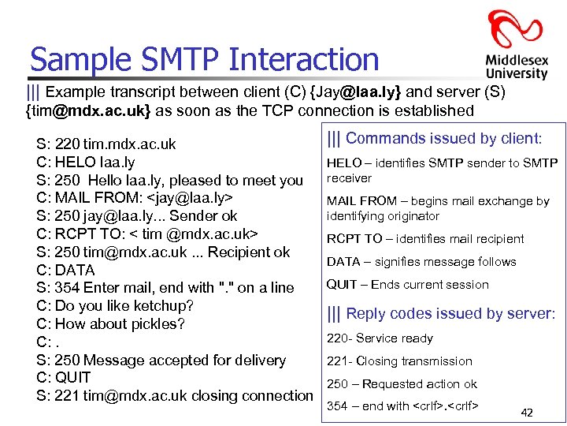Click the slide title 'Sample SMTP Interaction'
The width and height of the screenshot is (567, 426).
tap(204, 59)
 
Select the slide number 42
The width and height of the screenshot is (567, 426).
tap(527, 412)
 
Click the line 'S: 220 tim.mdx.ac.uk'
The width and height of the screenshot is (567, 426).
tap(106, 144)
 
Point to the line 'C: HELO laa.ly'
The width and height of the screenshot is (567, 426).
tap(86, 163)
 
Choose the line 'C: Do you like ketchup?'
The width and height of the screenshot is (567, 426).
tap(115, 306)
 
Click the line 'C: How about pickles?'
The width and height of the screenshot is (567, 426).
tap(110, 324)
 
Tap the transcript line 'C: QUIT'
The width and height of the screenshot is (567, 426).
tap(64, 378)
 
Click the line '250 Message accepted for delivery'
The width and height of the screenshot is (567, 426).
tap(161, 361)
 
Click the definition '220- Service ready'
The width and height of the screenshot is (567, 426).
tap(380, 338)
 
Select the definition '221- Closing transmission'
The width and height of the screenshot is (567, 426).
tap(399, 361)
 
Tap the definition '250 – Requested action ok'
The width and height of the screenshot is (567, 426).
tap(402, 384)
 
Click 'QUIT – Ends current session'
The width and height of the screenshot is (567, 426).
tap(407, 285)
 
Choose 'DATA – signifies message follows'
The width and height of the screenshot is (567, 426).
tap(421, 262)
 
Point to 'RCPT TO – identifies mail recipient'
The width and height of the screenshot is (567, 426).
tap(424, 239)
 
